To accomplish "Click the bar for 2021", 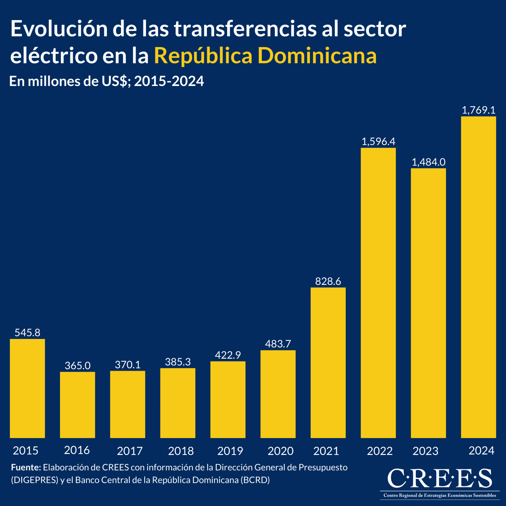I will pyautogui.click(x=328, y=362).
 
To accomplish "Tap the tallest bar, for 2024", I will pyautogui.click(x=478, y=277).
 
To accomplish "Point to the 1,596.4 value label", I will pyautogui.click(x=378, y=142).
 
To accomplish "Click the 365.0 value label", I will pyautogui.click(x=77, y=366).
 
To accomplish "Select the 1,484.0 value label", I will pyautogui.click(x=428, y=162).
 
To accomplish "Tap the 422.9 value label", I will pyautogui.click(x=228, y=355).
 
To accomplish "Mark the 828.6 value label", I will pyautogui.click(x=328, y=281).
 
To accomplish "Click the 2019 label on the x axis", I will pyautogui.click(x=230, y=451).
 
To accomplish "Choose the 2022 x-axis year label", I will pyautogui.click(x=379, y=451).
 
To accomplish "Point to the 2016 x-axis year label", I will pyautogui.click(x=77, y=450).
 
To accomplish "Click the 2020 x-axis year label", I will pyautogui.click(x=280, y=451).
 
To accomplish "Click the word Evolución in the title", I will pyautogui.click(x=59, y=29).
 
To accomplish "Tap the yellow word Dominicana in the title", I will pyautogui.click(x=319, y=55).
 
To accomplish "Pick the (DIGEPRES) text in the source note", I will pyautogui.click(x=35, y=480).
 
